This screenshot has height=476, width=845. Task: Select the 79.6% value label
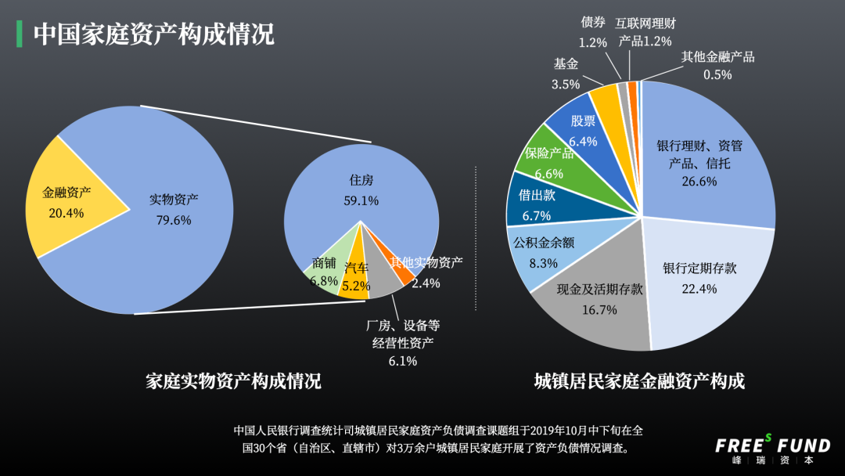tap(174, 221)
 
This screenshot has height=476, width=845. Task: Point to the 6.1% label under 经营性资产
tap(403, 361)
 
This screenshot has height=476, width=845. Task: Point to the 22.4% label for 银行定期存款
tap(699, 289)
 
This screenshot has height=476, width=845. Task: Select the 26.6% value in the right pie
tap(699, 182)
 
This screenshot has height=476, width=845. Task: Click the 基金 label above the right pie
tap(566, 64)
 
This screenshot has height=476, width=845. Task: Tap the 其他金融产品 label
tap(717, 56)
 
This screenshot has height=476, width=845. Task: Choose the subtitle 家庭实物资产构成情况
tap(233, 381)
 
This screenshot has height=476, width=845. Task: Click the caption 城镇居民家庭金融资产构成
tap(639, 381)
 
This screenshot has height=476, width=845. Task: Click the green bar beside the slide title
tap(20, 34)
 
